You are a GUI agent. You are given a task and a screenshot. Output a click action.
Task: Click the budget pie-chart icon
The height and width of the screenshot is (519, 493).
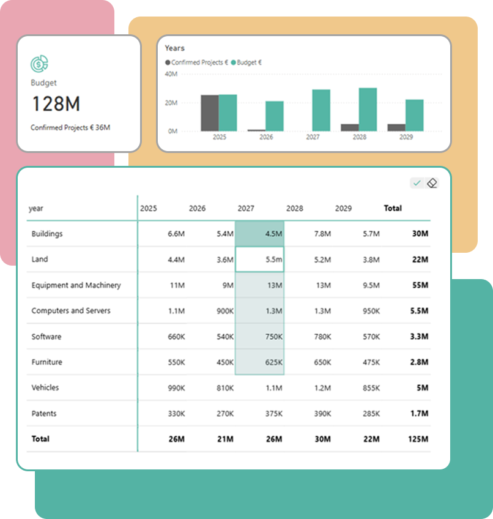tap(40, 63)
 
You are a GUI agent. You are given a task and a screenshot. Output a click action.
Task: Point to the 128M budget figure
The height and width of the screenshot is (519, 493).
tap(56, 104)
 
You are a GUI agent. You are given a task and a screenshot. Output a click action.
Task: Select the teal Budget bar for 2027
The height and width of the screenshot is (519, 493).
tap(321, 111)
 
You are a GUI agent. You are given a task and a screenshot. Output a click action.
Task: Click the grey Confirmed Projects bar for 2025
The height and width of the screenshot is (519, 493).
tap(210, 113)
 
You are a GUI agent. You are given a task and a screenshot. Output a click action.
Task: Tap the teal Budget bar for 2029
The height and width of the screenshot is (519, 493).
tap(414, 116)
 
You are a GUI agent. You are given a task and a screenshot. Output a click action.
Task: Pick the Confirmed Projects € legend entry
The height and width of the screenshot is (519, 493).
tap(196, 62)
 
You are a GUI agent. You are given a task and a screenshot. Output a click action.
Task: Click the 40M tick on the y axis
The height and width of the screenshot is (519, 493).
tap(171, 74)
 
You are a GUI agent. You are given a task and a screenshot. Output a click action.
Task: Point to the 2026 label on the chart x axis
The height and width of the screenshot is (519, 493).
tap(266, 138)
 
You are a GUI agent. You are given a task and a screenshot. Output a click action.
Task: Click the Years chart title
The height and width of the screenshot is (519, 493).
tap(174, 48)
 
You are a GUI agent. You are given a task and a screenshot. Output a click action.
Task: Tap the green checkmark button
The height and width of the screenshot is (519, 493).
tap(417, 183)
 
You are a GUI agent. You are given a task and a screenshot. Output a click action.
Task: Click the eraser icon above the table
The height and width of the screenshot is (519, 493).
tap(432, 183)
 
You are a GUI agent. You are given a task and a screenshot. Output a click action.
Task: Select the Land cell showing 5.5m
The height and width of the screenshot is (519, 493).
tap(260, 259)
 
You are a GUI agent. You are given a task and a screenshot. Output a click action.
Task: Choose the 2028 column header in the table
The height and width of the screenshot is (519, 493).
tap(295, 209)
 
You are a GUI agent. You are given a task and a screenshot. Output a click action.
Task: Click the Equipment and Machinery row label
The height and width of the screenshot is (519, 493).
tap(76, 285)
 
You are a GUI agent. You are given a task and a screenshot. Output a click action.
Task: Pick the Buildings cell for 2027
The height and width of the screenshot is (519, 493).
tap(260, 234)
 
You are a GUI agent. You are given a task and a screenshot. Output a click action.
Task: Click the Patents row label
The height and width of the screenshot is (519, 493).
tap(44, 414)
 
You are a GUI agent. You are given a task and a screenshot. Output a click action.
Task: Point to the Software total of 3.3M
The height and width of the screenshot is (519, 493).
tap(419, 337)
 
